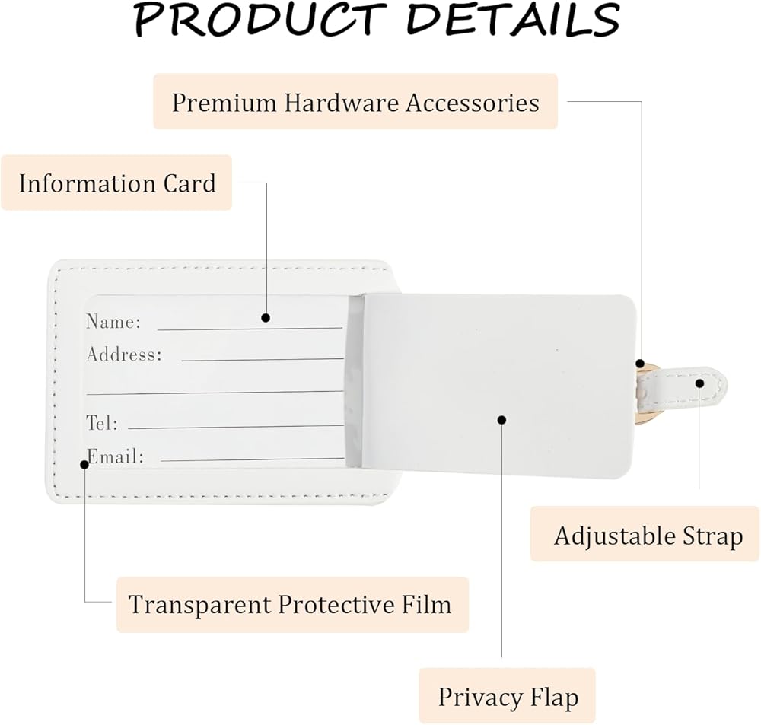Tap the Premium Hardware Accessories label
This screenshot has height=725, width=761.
355,102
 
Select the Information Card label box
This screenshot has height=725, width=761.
116,183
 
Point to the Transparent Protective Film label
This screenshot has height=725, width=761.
290,605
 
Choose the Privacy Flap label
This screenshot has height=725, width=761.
508,696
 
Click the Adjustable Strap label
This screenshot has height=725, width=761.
648,535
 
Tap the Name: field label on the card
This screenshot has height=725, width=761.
113,322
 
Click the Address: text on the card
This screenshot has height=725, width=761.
123,355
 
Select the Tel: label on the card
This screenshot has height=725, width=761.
102,423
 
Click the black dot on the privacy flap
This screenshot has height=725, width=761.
501,418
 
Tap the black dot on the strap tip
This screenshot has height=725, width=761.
699,383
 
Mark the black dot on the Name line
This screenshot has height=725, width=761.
266,317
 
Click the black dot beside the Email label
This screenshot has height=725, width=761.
84,463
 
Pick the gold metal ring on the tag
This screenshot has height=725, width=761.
641,396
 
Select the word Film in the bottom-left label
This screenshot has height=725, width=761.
426,605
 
